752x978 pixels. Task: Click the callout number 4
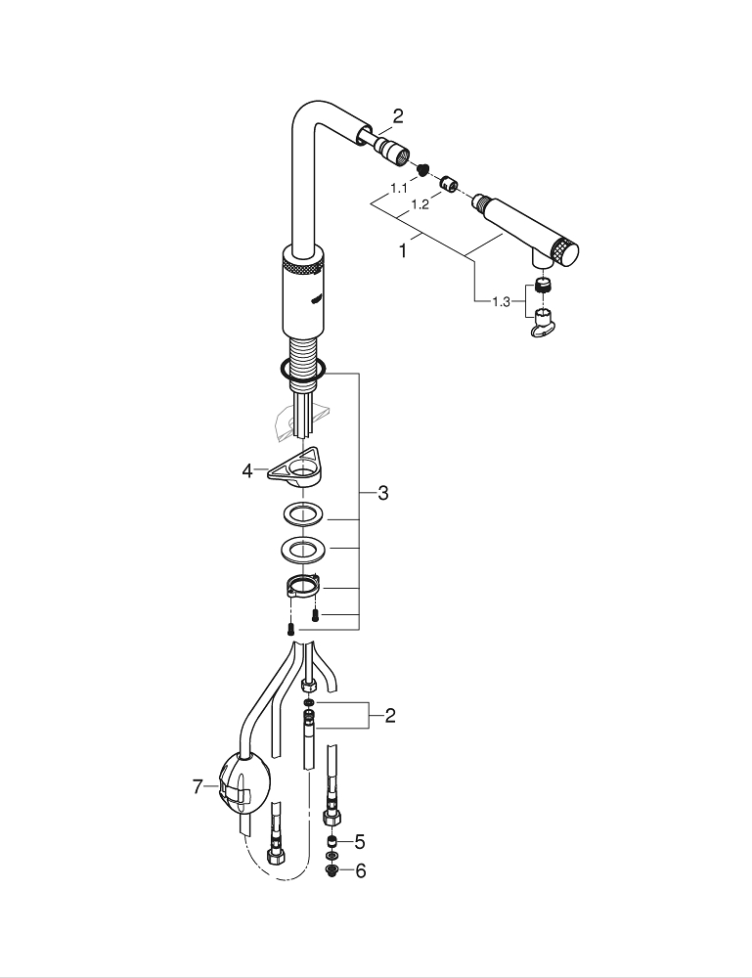tap(247, 470)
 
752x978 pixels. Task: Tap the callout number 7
tap(199, 784)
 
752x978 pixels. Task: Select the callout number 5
tap(360, 841)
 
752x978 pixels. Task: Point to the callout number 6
tap(360, 870)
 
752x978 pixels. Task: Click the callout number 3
tap(383, 494)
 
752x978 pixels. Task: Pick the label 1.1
tap(399, 187)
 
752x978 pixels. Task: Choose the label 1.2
tap(420, 205)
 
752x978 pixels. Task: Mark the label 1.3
tap(500, 301)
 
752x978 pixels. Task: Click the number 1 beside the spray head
tap(402, 250)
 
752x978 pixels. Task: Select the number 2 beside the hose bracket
tap(390, 717)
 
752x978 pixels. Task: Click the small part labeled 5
tap(332, 841)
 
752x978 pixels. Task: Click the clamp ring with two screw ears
tap(303, 589)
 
